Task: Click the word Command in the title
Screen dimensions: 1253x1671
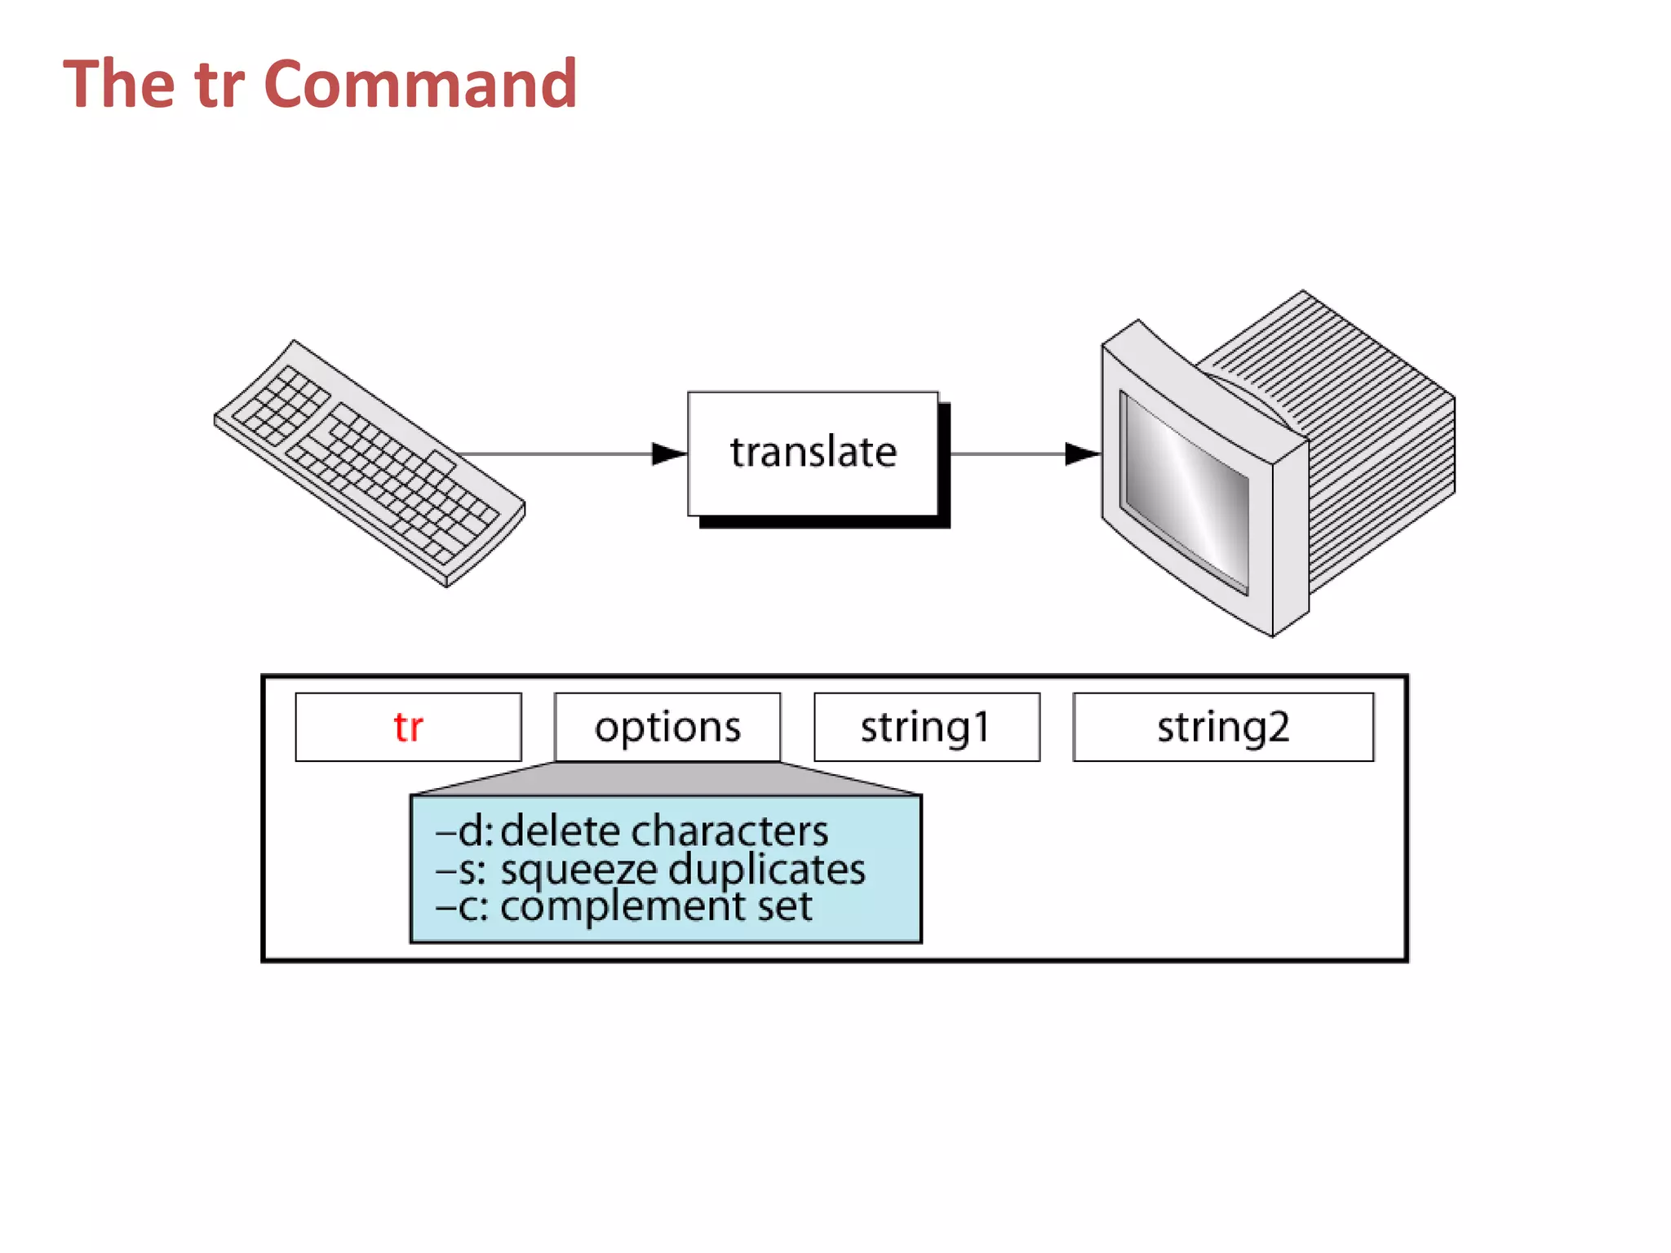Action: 420,84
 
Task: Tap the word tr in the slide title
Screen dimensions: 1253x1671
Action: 219,84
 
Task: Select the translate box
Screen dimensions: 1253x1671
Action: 813,454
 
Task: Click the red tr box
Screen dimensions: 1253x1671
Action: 408,727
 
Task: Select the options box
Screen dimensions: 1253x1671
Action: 667,727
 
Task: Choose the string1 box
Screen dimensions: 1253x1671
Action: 926,727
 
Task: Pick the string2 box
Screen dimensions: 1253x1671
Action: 1222,727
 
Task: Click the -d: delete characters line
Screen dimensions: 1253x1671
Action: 632,832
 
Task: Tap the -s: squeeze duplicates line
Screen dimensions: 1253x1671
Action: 650,870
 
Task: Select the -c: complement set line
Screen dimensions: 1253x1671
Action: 624,906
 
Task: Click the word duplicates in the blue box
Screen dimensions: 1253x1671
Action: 767,870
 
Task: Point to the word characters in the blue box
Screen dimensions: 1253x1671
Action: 729,832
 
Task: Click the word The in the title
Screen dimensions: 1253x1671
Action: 119,84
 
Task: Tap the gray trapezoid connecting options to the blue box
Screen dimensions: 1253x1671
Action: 667,779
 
